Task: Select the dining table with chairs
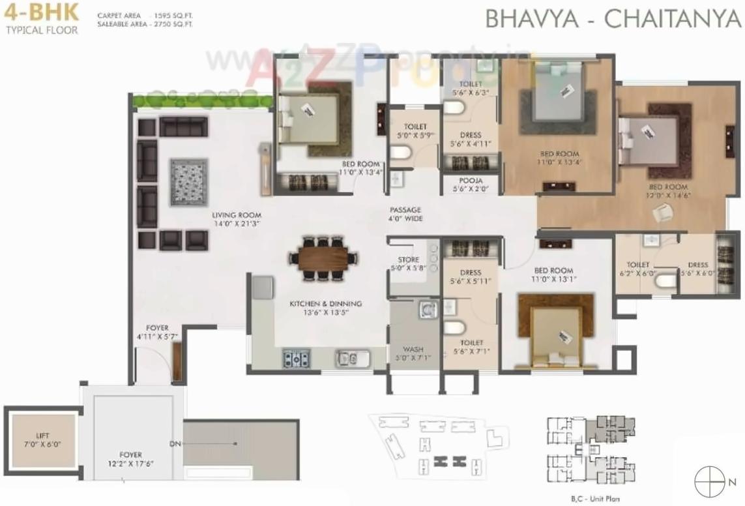point(324,258)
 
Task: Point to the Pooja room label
point(471,185)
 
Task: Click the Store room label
point(408,263)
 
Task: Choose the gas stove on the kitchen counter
point(296,358)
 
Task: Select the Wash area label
point(413,353)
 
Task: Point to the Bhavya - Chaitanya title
point(613,19)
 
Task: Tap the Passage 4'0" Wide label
point(406,214)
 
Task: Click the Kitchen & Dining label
point(325,308)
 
